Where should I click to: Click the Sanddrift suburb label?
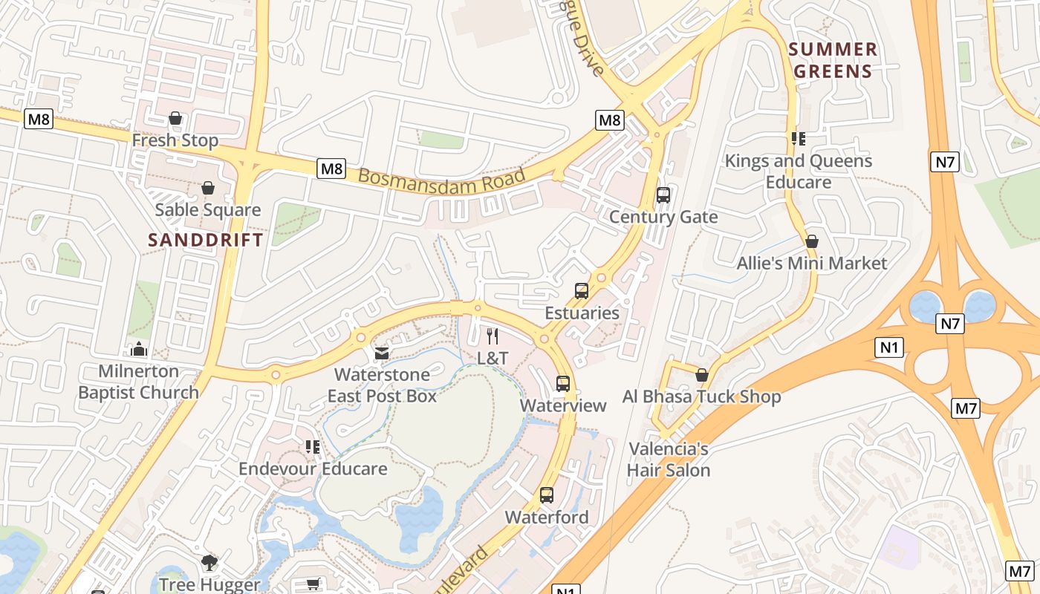pos(206,240)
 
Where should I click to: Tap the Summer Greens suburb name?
pos(833,61)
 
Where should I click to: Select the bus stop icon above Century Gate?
pos(663,195)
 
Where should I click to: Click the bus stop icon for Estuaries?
pos(582,291)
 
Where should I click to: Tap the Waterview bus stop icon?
pos(563,384)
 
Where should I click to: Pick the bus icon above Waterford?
pos(547,495)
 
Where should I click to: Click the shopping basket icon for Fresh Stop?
pos(175,118)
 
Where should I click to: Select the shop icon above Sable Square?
pos(208,188)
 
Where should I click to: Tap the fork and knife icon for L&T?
pos(492,336)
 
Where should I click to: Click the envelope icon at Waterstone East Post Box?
pos(382,353)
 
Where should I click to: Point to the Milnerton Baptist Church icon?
pos(139,349)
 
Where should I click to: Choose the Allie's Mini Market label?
pos(812,264)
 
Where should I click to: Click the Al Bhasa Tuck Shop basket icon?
pos(702,375)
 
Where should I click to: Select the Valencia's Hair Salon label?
pos(669,460)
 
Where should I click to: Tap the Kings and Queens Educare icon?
pos(799,139)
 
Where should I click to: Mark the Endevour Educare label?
pos(313,469)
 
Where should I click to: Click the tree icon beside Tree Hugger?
pos(210,563)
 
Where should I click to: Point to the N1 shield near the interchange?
pos(891,347)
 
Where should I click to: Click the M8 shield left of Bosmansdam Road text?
pos(331,169)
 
